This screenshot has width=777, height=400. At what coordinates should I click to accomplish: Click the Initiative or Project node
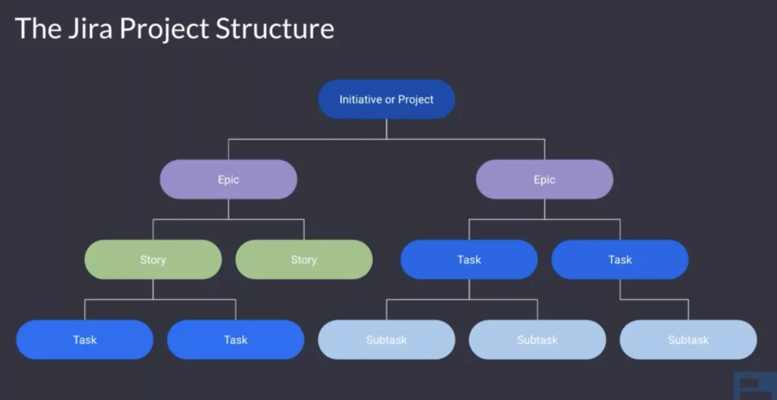pyautogui.click(x=386, y=99)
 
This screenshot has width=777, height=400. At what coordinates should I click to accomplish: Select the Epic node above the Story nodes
pyautogui.click(x=228, y=180)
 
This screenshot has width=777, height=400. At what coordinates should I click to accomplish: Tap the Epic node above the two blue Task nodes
pyautogui.click(x=544, y=180)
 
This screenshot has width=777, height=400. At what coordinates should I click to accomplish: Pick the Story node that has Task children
pyautogui.click(x=153, y=260)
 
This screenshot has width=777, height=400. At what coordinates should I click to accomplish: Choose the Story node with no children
pyautogui.click(x=304, y=260)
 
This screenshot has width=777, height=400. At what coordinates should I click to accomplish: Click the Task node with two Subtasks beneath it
pyautogui.click(x=469, y=260)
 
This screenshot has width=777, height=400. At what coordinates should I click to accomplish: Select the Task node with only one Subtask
pyautogui.click(x=620, y=260)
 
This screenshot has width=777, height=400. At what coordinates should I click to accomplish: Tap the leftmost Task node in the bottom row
pyautogui.click(x=84, y=339)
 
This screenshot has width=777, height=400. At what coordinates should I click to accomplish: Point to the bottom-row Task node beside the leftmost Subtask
pyautogui.click(x=235, y=339)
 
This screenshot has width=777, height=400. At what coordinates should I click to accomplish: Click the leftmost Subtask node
pyautogui.click(x=386, y=339)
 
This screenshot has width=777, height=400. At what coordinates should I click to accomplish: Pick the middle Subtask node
pyautogui.click(x=537, y=339)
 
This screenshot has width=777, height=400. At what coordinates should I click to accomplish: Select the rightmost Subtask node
pyautogui.click(x=688, y=339)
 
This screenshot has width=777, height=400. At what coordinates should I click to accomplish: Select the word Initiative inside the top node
pyautogui.click(x=360, y=99)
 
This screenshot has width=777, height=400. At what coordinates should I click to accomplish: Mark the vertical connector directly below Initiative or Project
pyautogui.click(x=386, y=129)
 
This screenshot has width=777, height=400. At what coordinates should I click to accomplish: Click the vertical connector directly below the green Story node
pyautogui.click(x=153, y=289)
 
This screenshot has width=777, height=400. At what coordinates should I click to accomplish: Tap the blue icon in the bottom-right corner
pyautogui.click(x=754, y=386)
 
